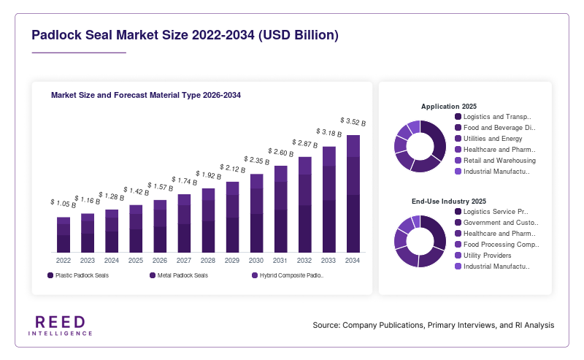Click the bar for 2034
[x=353, y=194]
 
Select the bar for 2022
[x=64, y=235]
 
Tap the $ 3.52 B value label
[x=353, y=122]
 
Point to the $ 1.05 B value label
[x=64, y=204]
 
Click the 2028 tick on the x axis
[x=208, y=261]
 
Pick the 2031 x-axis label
[x=280, y=261]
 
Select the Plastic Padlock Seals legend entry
[x=78, y=275]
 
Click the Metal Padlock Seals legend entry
[x=179, y=275]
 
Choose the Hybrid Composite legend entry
[x=288, y=275]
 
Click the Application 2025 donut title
[x=449, y=106]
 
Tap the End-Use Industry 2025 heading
[x=449, y=202]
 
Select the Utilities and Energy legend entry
[x=488, y=139]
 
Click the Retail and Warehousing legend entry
[x=496, y=161]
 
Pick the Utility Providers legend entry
[x=483, y=256]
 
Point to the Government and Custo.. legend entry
[x=497, y=223]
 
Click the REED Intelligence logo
[x=61, y=326]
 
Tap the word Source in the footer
[x=326, y=325]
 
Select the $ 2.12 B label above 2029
[x=232, y=169]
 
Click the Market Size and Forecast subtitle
[x=145, y=95]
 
